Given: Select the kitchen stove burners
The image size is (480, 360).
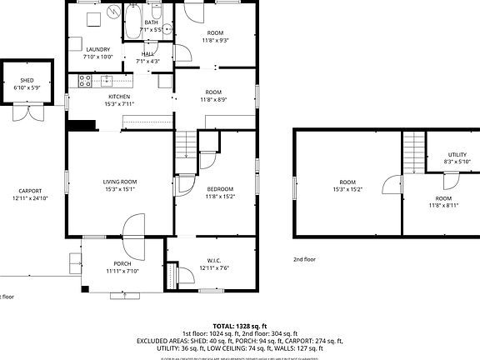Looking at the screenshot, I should pyautogui.click(x=84, y=80).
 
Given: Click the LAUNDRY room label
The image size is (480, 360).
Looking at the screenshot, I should pyautogui.click(x=98, y=49).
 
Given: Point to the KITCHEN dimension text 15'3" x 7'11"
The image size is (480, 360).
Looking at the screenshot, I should pyautogui.click(x=118, y=105).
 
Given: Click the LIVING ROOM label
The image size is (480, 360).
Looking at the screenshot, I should pyautogui.click(x=119, y=181).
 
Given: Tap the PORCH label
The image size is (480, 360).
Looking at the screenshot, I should pyautogui.click(x=122, y=263).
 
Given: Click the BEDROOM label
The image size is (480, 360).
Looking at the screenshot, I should pyautogui.click(x=220, y=189).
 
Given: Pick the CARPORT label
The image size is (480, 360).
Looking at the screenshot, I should pyautogui.click(x=30, y=191).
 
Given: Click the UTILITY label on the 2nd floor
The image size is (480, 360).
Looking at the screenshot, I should pyautogui.click(x=457, y=154).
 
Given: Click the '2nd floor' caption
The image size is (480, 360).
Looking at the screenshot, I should pyautogui.click(x=305, y=259).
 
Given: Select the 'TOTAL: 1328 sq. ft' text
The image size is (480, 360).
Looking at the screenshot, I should pyautogui.click(x=239, y=326).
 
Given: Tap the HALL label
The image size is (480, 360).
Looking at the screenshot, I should pyautogui.click(x=147, y=52).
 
